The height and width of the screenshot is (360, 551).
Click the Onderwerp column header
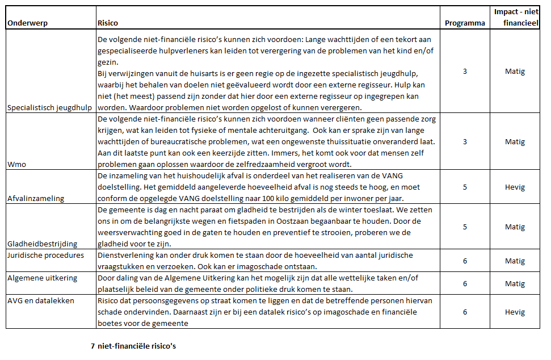pyautogui.click(x=27, y=23)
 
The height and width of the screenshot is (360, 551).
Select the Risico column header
pyautogui.click(x=108, y=23)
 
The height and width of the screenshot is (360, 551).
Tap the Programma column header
pyautogui.click(x=465, y=23)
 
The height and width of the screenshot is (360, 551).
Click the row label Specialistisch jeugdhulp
pyautogui.click(x=49, y=108)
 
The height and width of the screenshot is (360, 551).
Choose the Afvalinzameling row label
pyautogui.click(x=36, y=198)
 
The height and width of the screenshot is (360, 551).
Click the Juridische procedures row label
pyautogui.click(x=46, y=255)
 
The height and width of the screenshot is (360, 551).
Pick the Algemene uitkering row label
pyautogui.click(x=43, y=278)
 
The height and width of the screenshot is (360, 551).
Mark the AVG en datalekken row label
pyautogui.click(x=41, y=300)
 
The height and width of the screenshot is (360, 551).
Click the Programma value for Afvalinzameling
pyautogui.click(x=465, y=187)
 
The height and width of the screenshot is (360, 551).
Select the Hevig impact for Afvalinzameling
pyautogui.click(x=515, y=187)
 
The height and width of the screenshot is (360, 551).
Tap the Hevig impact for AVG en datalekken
pyautogui.click(x=515, y=312)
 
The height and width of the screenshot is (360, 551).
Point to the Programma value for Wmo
pyautogui.click(x=465, y=142)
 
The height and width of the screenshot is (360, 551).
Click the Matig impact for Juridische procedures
pyautogui.click(x=515, y=261)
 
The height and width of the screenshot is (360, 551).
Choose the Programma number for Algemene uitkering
pyautogui.click(x=465, y=284)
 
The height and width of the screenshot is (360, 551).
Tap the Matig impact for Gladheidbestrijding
pyautogui.click(x=515, y=227)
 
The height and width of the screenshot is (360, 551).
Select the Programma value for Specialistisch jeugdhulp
pyautogui.click(x=465, y=72)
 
